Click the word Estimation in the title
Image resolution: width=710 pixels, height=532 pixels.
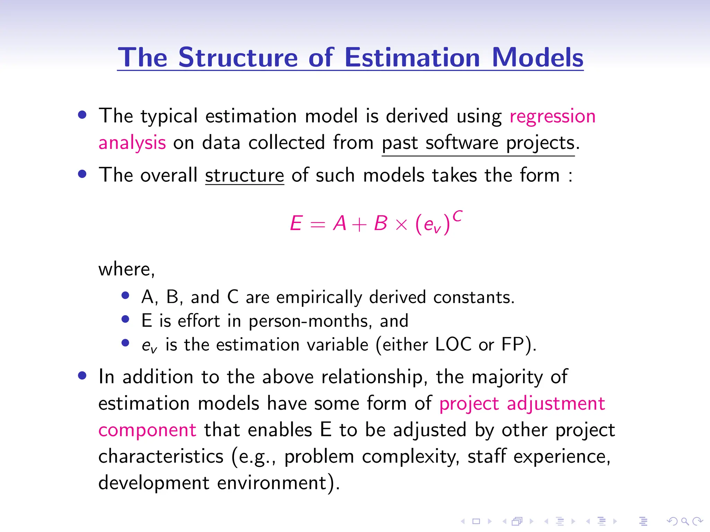[x=412, y=57]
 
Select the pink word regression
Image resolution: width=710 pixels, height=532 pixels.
[x=552, y=116]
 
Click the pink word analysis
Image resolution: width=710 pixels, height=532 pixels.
[x=132, y=143]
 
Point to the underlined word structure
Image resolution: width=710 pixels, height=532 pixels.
[x=244, y=175]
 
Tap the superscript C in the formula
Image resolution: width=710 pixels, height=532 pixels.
[x=457, y=216]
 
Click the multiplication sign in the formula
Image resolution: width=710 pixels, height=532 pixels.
[x=401, y=225]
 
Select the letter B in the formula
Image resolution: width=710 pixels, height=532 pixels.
[x=380, y=223]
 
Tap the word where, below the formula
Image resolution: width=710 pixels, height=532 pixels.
[x=127, y=269]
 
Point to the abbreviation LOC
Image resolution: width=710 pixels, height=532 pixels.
[x=453, y=345]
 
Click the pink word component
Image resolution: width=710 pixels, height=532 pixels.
[x=147, y=431]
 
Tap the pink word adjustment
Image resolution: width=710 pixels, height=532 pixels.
[x=556, y=404]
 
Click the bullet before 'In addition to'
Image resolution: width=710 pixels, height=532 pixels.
[x=82, y=376]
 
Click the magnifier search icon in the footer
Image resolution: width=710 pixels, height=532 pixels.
[x=685, y=521]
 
